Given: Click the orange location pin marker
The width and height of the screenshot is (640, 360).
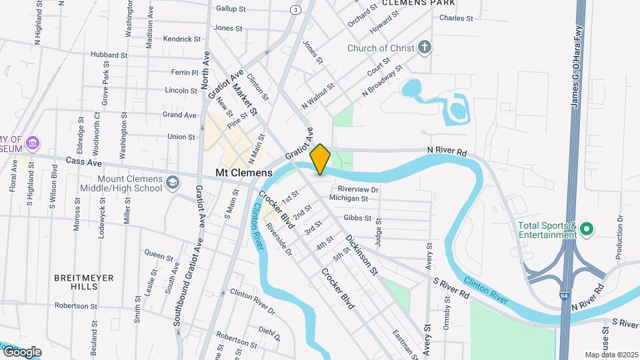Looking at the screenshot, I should click(x=320, y=159).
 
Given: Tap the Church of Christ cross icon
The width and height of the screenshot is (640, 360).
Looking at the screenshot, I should click(x=425, y=48).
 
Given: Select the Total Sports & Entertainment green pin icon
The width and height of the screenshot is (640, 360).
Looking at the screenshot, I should click(x=587, y=230).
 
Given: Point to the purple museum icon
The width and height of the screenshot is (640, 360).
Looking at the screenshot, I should click(x=33, y=143).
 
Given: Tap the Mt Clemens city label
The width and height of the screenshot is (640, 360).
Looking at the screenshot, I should click(x=244, y=173).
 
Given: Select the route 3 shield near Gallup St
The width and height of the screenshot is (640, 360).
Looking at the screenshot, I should click(x=295, y=9).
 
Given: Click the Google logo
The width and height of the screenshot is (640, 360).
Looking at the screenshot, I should click(x=21, y=351).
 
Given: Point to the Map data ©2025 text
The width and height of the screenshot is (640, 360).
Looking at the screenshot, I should click(x=611, y=354).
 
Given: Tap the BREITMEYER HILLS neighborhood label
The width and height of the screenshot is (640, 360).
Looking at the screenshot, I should click(x=84, y=281).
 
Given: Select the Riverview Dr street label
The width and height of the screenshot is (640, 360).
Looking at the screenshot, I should click(x=358, y=189).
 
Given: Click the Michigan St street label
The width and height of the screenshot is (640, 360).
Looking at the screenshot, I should click(x=348, y=199).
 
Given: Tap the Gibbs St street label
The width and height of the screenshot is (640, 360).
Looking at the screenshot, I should click(x=357, y=218).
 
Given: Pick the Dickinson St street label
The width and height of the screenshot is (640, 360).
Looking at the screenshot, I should click(x=361, y=255).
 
